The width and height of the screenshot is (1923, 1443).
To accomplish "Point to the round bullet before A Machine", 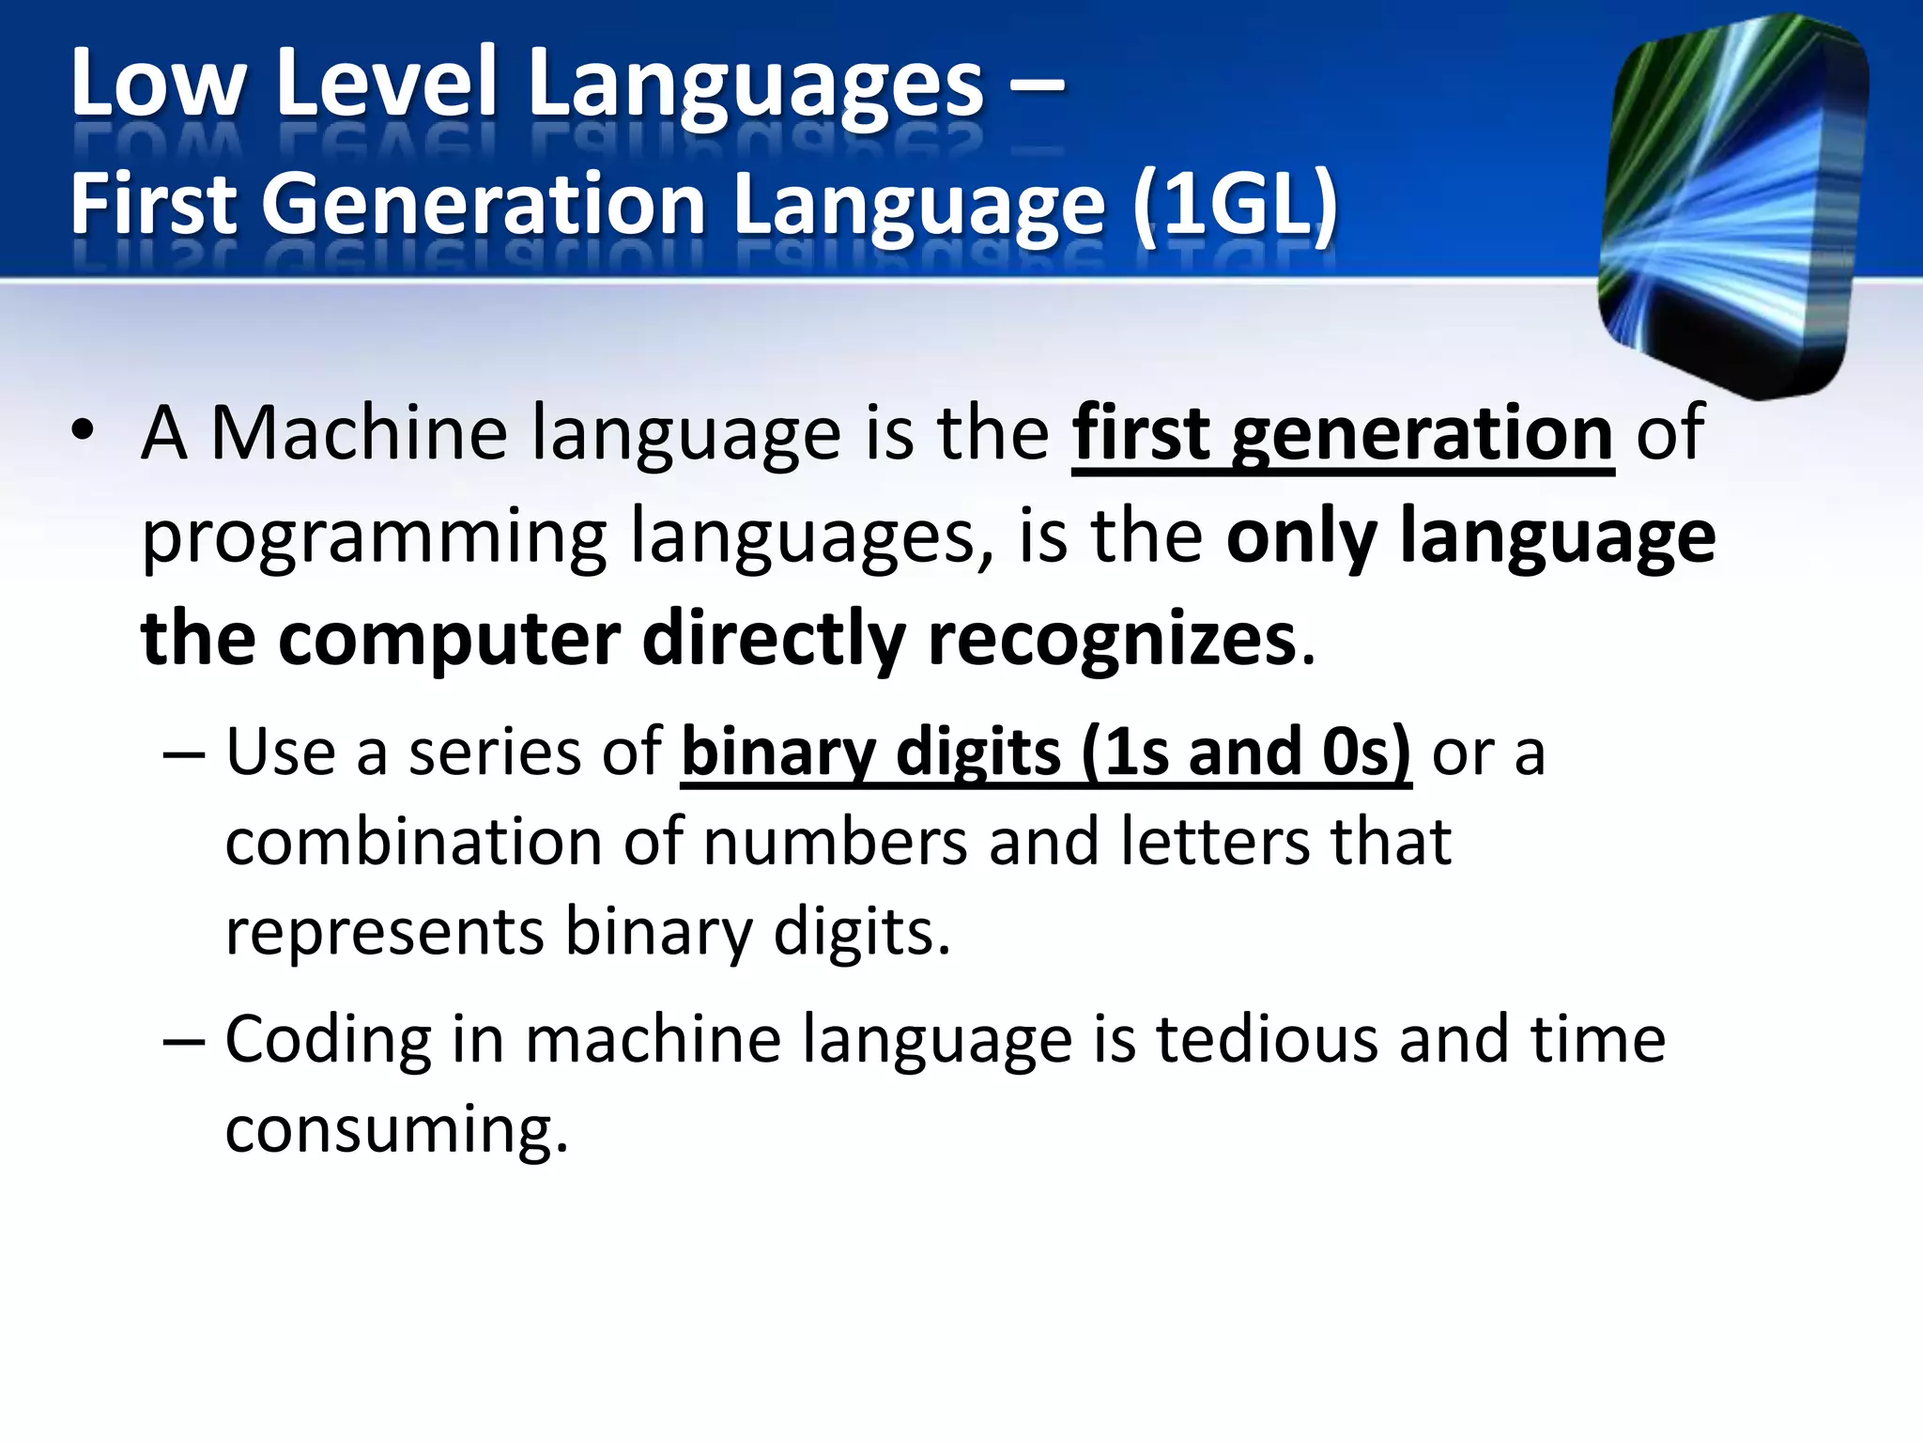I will pos(83,432).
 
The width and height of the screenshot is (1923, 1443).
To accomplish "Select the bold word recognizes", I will pos(1112,639).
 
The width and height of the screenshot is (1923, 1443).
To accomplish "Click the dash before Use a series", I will pos(182,753).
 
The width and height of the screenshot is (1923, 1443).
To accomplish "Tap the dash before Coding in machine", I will pos(182,1041).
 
